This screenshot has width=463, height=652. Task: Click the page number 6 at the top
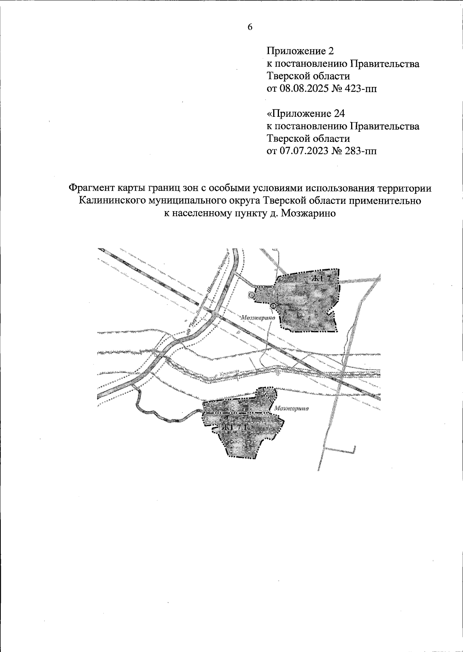[250, 27]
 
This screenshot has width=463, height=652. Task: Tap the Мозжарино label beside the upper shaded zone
[257, 318]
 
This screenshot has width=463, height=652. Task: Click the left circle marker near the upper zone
[251, 295]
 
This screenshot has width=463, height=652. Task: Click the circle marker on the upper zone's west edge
[273, 306]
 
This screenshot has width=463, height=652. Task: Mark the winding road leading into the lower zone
[162, 418]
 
